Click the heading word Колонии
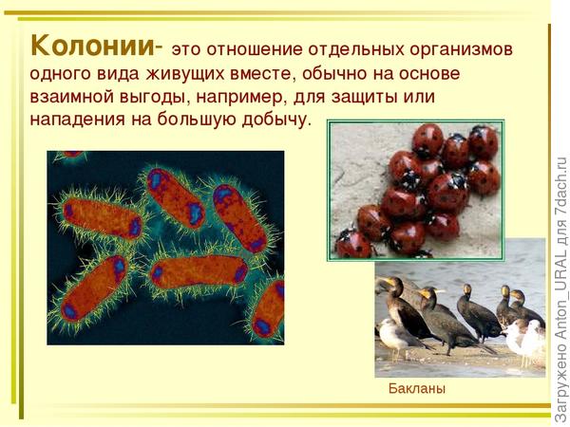click(92, 46)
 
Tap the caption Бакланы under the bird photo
click(417, 388)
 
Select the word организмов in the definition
click(461, 49)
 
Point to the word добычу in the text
click(276, 120)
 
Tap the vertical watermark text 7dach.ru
click(561, 186)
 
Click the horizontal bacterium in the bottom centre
click(199, 271)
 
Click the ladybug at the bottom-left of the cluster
click(351, 245)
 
